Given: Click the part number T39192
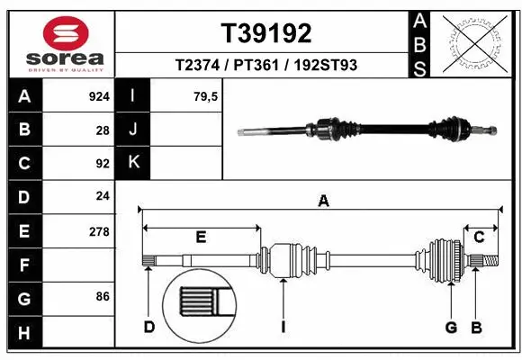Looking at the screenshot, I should click(266, 33).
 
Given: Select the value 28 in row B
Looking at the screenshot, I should click(103, 130).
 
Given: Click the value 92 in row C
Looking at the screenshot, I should click(103, 164).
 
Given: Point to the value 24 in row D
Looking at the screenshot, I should click(103, 197).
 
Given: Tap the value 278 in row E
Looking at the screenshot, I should click(99, 231).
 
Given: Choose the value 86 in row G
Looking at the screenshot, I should click(103, 295).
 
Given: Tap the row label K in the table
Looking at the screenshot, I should click(133, 162).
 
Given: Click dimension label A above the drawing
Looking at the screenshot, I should click(323, 202).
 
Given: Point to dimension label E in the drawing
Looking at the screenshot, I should click(202, 237).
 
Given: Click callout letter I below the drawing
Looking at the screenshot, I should click(283, 327).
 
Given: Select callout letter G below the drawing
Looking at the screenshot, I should click(452, 327).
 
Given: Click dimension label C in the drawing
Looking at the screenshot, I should click(480, 237).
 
